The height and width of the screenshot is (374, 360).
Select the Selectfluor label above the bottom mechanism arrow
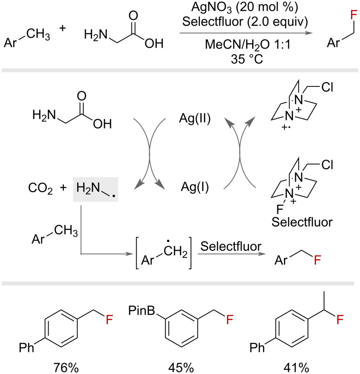(231, 246)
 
